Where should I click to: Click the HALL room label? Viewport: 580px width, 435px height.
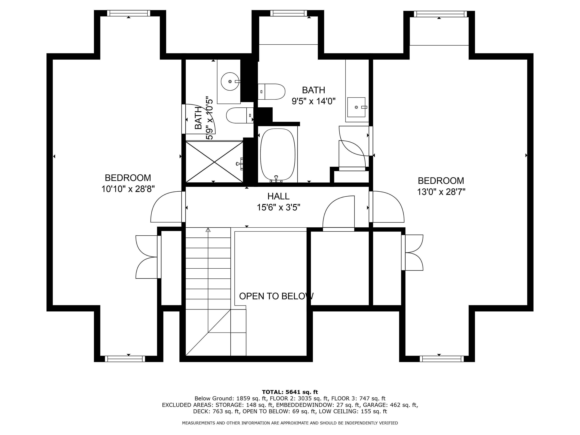point(278,196)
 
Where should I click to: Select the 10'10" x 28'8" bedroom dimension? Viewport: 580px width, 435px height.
point(128,189)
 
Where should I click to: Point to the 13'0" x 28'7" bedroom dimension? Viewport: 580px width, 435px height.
point(441,192)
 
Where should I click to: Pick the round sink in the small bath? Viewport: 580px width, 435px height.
point(230,82)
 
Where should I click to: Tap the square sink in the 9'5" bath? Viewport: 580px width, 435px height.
point(356,107)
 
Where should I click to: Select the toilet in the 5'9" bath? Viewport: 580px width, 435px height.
point(240,115)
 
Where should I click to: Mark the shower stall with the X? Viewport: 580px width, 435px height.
point(214,162)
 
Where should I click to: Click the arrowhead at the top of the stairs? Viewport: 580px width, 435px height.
point(208,230)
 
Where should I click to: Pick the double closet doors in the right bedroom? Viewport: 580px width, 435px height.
point(414,252)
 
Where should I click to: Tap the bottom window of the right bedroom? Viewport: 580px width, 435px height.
point(442,359)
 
